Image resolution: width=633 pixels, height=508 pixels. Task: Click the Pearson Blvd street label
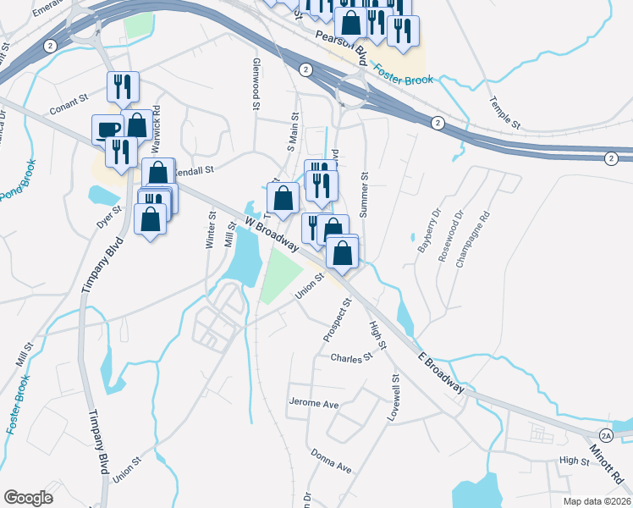(x=340, y=46)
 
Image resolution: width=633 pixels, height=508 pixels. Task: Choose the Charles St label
(x=351, y=358)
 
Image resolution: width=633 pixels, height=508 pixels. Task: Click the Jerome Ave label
(x=313, y=404)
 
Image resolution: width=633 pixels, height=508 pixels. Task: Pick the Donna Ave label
(x=330, y=461)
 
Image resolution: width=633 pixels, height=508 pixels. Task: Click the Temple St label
(x=504, y=112)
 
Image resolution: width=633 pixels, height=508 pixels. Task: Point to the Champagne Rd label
(x=473, y=240)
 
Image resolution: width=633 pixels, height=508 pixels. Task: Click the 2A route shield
(x=607, y=436)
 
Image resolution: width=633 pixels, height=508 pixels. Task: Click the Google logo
(x=29, y=498)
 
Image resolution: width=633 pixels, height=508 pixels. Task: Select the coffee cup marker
(x=107, y=128)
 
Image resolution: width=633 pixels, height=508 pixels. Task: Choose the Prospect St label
(x=336, y=321)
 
